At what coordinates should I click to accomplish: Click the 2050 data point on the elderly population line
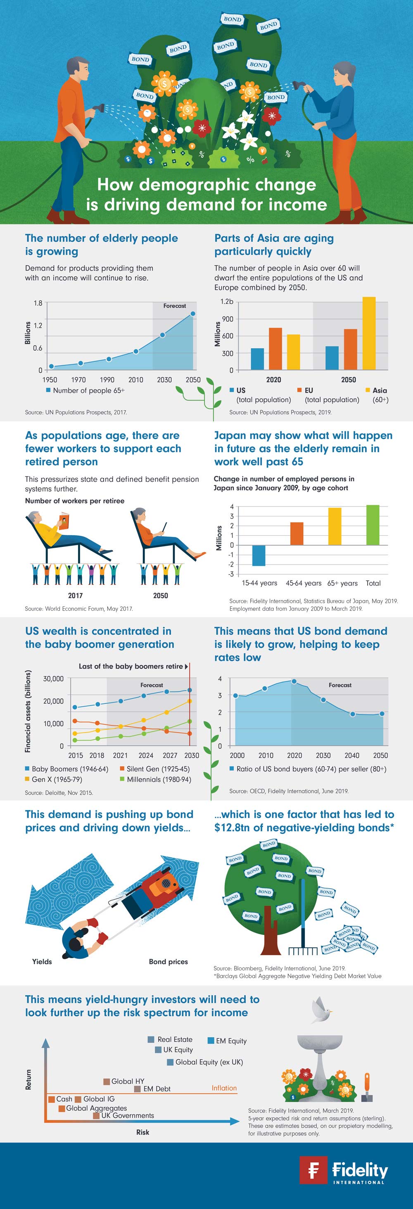point(192,314)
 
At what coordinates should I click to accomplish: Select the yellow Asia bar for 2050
point(369,333)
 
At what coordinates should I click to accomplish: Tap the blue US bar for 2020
point(257,359)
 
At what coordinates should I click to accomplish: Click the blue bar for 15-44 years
point(259,555)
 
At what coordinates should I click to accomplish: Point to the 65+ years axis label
point(342,583)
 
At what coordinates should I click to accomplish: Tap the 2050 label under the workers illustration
point(160,596)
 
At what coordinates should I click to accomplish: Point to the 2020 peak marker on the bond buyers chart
point(294,681)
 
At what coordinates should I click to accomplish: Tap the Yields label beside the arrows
point(42,962)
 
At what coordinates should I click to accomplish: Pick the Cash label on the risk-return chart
point(64,1099)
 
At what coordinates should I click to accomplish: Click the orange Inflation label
point(224,1088)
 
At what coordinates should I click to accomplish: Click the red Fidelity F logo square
point(313,1170)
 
